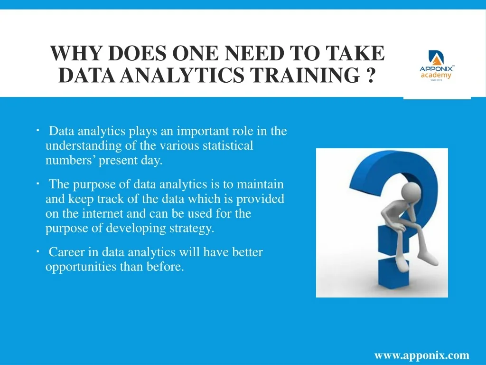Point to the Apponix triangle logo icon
tap(436, 58)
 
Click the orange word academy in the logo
tap(436, 75)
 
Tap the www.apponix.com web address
tap(421, 355)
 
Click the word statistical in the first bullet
tap(228, 145)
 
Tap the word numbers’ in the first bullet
tap(70, 160)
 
